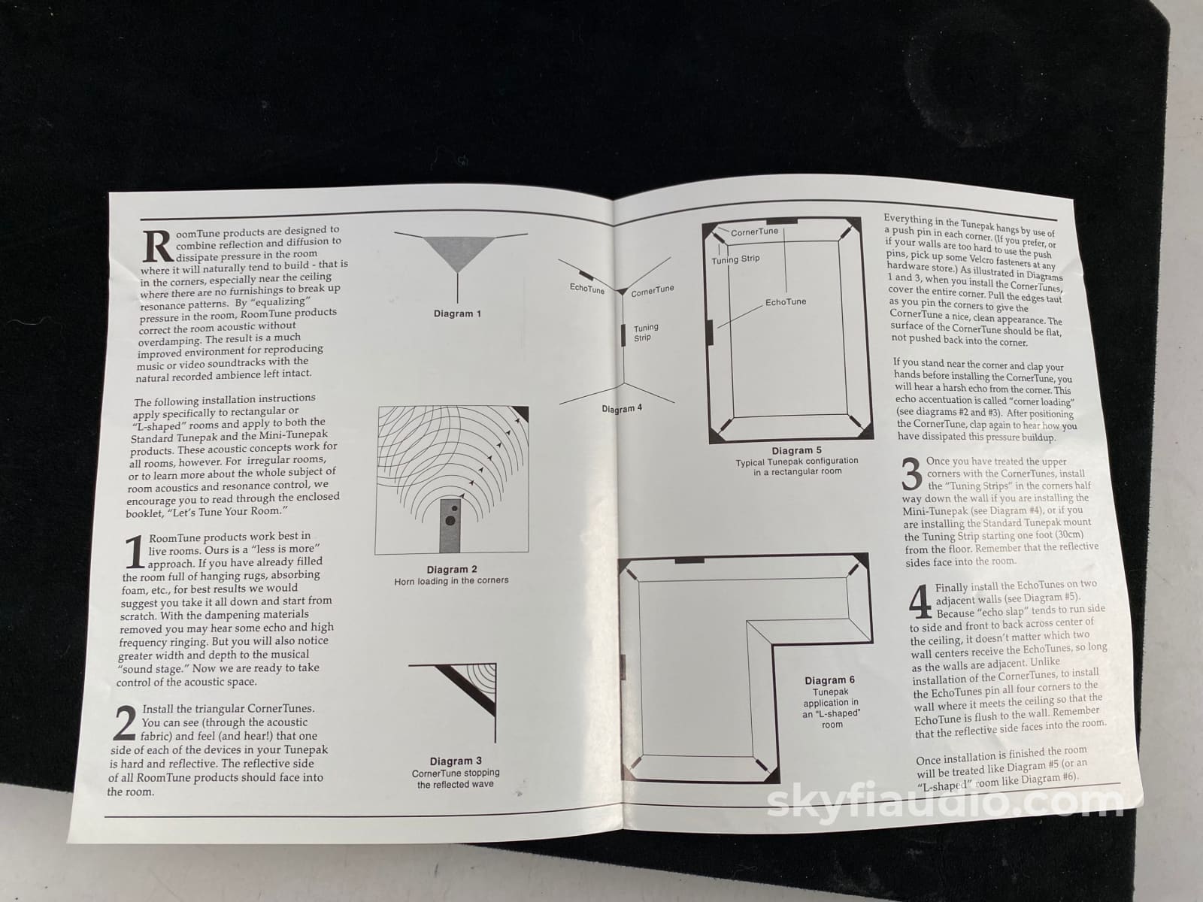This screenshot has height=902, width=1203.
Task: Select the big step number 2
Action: (125, 723)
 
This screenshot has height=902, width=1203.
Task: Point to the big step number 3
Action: (912, 474)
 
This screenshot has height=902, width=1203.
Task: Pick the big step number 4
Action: (920, 601)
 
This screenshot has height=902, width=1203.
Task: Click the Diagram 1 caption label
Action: (457, 313)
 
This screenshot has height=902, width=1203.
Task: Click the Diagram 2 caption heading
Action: (452, 570)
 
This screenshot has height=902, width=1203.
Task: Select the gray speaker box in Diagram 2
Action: (450, 525)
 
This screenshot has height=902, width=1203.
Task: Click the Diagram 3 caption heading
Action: (456, 761)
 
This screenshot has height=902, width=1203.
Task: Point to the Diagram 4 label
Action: (622, 409)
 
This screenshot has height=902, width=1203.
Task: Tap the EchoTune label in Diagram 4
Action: (586, 288)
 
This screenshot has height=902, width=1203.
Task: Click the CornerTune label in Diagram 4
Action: (652, 291)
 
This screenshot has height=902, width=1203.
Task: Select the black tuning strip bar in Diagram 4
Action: (623, 334)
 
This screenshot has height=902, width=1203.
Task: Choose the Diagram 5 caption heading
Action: (796, 450)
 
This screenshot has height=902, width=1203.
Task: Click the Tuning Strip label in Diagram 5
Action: (735, 259)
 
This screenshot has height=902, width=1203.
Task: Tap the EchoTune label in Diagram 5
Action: (786, 301)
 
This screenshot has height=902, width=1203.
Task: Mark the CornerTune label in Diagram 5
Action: (754, 232)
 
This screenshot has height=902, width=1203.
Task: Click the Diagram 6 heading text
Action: (829, 680)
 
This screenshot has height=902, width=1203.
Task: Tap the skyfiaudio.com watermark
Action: (945, 802)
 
